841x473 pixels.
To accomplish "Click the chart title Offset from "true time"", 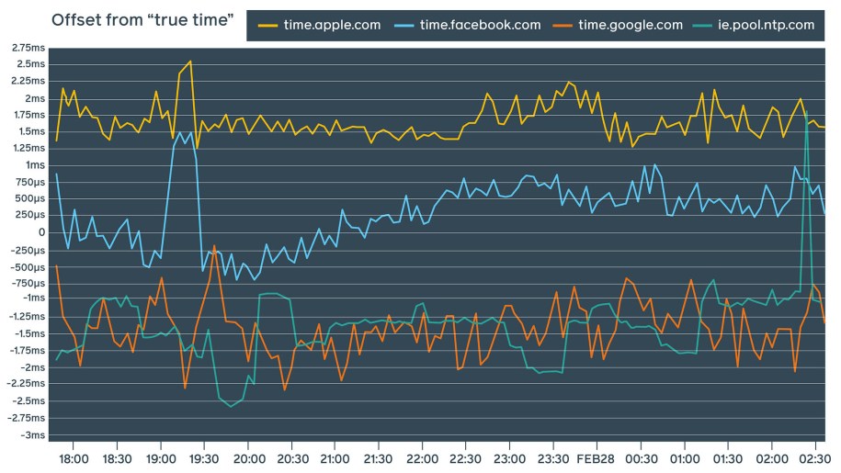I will [142, 20].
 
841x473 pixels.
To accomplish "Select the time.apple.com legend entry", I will [330, 25].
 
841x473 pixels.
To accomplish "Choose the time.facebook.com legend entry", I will [480, 25].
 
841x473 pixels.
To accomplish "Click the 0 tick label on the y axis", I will [41, 232].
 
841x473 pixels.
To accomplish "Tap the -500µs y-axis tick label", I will [26, 266].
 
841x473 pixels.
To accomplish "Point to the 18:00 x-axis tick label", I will [73, 457].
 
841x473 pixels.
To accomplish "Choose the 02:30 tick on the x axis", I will [814, 457].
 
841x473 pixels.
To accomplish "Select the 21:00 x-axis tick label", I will [335, 457].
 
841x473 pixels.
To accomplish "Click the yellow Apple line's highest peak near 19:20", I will [190, 62].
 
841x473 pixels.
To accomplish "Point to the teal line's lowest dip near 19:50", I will [231, 406].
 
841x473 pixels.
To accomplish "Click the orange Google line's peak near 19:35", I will [214, 246].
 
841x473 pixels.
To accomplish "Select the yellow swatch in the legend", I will [267, 25].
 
